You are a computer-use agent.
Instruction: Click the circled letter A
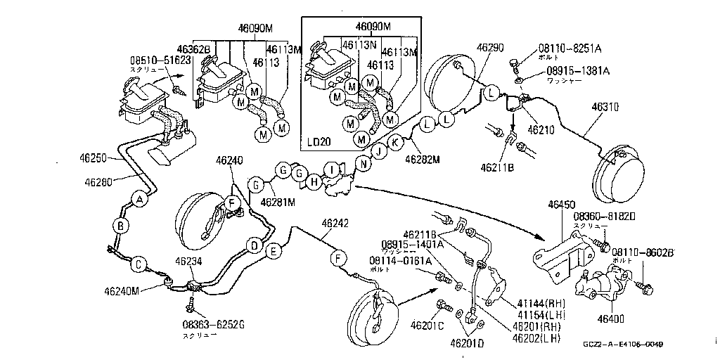140,200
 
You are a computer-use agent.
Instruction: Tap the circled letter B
121,226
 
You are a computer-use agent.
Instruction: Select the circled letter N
364,163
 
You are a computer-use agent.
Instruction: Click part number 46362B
193,50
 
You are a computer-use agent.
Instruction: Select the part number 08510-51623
160,60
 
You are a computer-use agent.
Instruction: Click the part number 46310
605,108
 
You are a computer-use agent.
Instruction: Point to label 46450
562,204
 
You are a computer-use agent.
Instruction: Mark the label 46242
335,224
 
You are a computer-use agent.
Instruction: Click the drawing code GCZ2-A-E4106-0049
623,345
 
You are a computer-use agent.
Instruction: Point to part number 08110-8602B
643,251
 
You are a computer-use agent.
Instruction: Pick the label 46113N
358,44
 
